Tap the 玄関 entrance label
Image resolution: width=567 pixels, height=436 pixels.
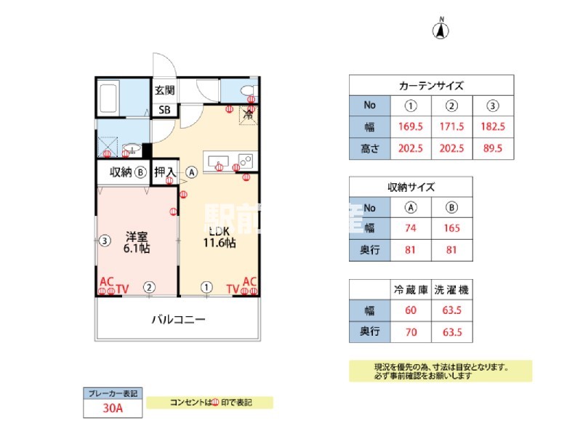click(164, 91)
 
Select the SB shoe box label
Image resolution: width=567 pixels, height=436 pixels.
click(165, 110)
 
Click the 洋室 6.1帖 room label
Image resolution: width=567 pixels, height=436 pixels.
click(137, 242)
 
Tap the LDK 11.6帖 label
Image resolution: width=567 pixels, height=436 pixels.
click(219, 238)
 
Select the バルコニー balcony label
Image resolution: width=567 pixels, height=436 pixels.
click(178, 319)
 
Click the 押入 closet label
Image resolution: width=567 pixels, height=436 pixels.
click(164, 173)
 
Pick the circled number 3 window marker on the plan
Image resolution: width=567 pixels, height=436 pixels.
click(105, 239)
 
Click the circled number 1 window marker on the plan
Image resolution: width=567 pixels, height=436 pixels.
click(207, 287)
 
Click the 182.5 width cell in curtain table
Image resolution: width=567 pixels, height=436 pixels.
click(493, 126)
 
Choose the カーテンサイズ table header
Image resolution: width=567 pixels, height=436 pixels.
click(431, 85)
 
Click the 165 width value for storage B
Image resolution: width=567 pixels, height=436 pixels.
click(451, 228)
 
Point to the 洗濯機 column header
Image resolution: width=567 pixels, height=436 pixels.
click(451, 289)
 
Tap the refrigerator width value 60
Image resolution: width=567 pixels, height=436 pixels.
click(411, 311)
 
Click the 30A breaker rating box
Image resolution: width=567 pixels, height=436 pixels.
click(112, 408)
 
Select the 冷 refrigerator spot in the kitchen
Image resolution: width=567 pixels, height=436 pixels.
click(249, 115)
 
